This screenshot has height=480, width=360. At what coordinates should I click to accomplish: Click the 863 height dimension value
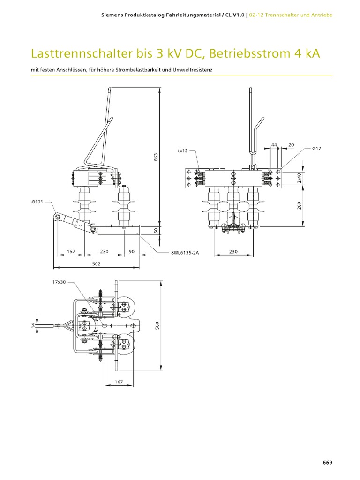coord(156,157)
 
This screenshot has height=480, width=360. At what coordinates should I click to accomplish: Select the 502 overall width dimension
coord(97,263)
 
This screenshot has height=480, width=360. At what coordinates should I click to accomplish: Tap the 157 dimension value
coord(71,251)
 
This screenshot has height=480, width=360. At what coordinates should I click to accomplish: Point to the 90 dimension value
coord(132,251)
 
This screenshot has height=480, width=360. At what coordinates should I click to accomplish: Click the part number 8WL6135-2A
coord(185,253)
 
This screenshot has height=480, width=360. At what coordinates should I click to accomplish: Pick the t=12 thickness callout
coord(182,150)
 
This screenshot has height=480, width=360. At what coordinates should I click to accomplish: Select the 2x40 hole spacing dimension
coord(300,178)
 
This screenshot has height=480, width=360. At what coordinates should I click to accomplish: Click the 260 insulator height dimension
coord(300,205)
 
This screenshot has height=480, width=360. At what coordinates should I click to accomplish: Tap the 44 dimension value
coord(274,144)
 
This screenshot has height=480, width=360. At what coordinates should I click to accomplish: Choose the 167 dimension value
coord(119,382)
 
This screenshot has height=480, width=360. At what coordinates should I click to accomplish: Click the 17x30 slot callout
coord(59,282)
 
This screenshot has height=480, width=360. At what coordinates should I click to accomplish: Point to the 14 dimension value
coord(34,325)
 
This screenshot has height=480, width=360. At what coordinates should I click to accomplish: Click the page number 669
coord(327,462)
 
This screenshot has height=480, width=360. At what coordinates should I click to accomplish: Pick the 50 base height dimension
coord(156,230)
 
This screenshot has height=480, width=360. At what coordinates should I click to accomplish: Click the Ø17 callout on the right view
coord(316,149)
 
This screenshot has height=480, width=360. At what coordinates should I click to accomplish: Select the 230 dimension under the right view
coord(233,251)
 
